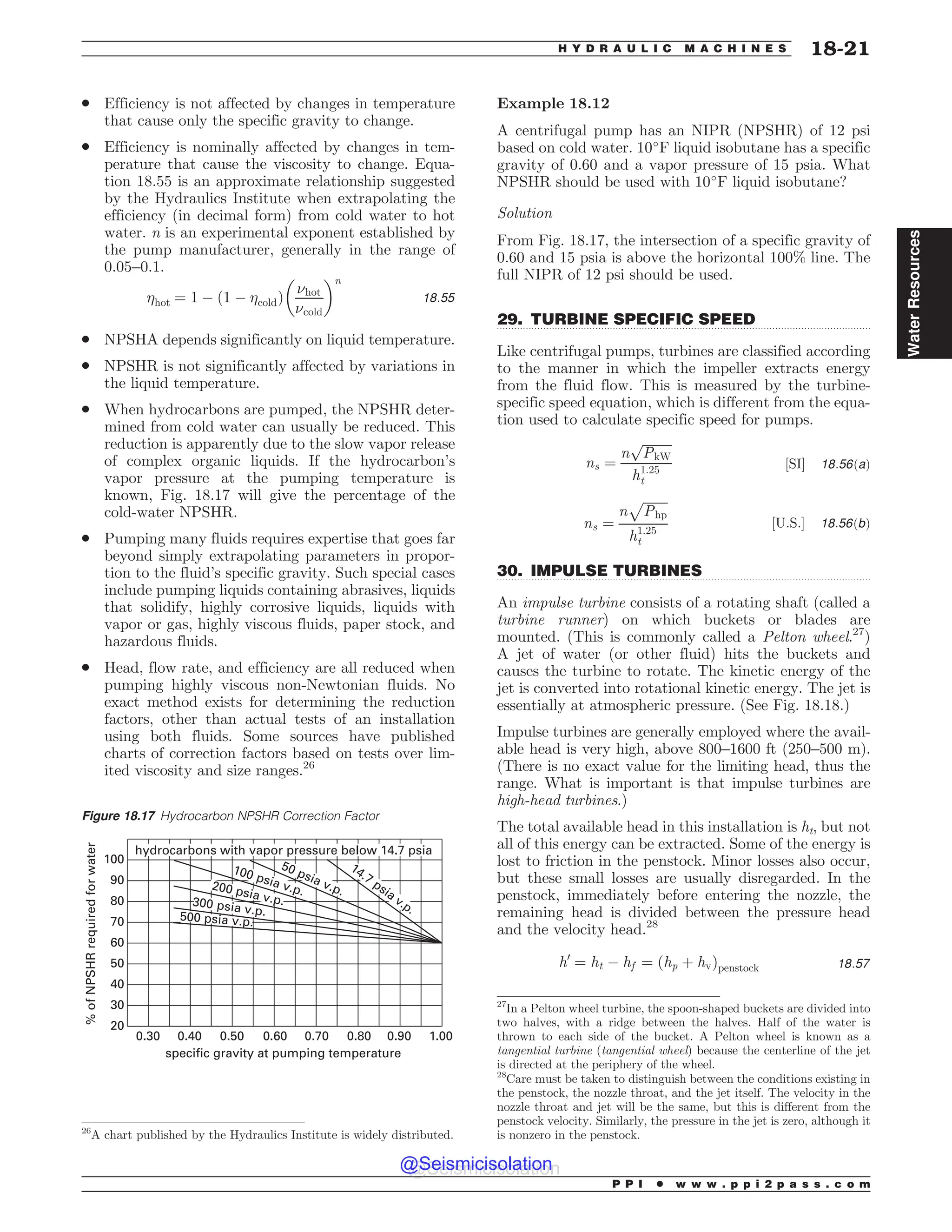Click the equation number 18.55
(x=439, y=298)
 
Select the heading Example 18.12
(x=553, y=104)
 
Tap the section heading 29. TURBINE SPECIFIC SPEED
(x=626, y=319)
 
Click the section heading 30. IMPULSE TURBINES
(x=599, y=570)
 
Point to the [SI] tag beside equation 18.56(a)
(x=794, y=464)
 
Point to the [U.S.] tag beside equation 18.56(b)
(x=788, y=523)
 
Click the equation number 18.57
(x=854, y=963)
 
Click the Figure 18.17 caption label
(x=119, y=816)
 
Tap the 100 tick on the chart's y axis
(x=114, y=859)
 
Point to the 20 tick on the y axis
(x=117, y=1026)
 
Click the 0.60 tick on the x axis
(x=275, y=1036)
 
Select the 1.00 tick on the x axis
(x=441, y=1036)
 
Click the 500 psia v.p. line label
(x=215, y=920)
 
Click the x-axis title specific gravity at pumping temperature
(x=283, y=1053)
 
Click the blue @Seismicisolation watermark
(x=476, y=1164)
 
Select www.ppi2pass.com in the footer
(x=773, y=1185)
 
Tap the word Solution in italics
(x=524, y=213)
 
